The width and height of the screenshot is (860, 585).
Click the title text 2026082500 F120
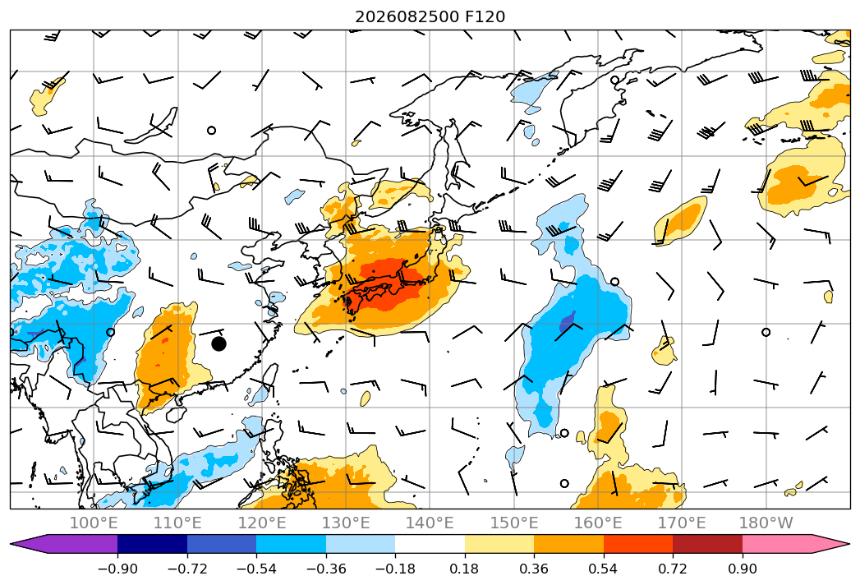tap(430, 17)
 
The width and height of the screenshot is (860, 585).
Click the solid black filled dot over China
tap(218, 344)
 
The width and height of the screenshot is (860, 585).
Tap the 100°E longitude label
tap(94, 523)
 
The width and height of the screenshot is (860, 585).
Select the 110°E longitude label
tap(177, 523)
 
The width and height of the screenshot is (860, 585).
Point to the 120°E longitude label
tap(262, 523)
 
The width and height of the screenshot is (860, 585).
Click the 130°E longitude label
tap(346, 523)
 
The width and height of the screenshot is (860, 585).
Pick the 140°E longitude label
tap(430, 523)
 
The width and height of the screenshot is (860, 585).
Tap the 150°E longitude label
tap(514, 523)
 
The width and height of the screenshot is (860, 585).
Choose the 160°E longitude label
tap(598, 523)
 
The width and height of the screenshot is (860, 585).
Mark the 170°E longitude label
tap(682, 523)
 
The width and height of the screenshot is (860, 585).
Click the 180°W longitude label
tap(766, 523)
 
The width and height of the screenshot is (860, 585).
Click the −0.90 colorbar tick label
tap(117, 569)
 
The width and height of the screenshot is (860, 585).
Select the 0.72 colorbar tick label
tap(673, 569)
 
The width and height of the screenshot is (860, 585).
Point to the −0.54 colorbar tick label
tap(256, 569)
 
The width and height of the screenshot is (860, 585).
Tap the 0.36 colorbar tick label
tap(534, 569)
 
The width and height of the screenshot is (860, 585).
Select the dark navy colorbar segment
tap(153, 544)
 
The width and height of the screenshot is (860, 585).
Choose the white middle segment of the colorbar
tap(430, 544)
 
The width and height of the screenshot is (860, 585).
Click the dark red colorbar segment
tap(707, 544)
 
